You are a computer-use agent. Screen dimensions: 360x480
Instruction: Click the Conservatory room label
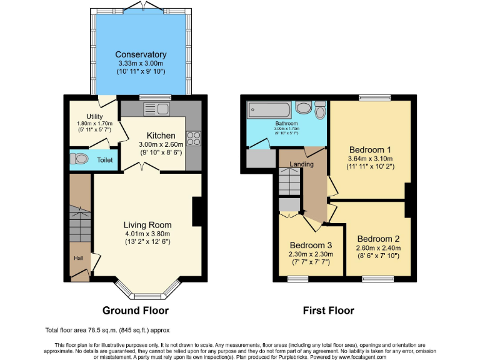[x=141, y=55]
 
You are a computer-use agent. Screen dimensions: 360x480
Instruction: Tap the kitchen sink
[x=156, y=110]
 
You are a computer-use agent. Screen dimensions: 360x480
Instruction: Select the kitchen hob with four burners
[x=193, y=138]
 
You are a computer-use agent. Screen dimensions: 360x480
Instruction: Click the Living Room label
[x=147, y=225]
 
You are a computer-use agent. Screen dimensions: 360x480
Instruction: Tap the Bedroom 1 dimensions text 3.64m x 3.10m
[x=369, y=159]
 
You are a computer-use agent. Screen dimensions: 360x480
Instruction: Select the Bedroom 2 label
[x=378, y=239]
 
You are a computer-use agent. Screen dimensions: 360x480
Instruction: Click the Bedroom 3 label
[x=311, y=245]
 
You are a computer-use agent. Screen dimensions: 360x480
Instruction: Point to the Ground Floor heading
[x=136, y=310]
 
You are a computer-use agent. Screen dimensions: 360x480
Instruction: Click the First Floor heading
[x=328, y=310]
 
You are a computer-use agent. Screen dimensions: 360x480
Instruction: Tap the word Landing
[x=301, y=164]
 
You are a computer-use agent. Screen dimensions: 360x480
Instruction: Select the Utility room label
[x=94, y=116]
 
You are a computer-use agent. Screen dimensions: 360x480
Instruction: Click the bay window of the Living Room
[x=147, y=287]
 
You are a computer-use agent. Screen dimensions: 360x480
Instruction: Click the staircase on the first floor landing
[x=289, y=184]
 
